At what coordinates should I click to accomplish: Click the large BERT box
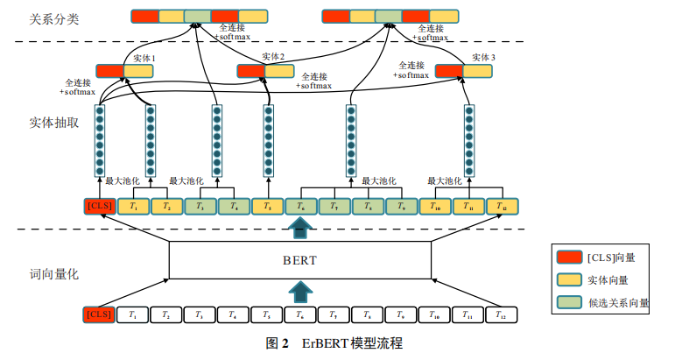[299, 260]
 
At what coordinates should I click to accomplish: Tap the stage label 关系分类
[54, 18]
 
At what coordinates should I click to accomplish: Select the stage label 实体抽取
[54, 123]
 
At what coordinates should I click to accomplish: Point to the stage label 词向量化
[54, 274]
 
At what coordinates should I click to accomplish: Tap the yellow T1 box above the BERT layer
[133, 207]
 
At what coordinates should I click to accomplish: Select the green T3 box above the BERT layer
[200, 207]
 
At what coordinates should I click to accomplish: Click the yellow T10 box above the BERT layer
[435, 207]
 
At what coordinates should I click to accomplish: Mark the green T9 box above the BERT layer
[401, 207]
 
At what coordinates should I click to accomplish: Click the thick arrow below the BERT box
[299, 291]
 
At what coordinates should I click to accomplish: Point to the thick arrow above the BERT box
[299, 229]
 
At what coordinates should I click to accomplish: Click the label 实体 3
[484, 57]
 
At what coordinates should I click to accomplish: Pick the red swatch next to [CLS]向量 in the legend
[568, 257]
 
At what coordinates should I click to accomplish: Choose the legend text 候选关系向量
[618, 303]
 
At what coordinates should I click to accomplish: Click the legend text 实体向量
[608, 280]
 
